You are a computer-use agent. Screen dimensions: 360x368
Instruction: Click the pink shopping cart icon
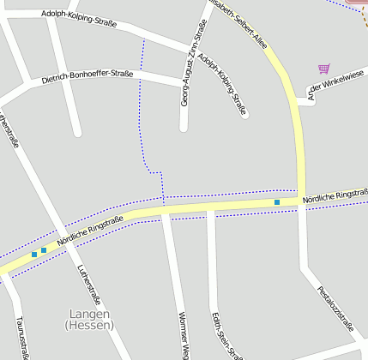point(323,69)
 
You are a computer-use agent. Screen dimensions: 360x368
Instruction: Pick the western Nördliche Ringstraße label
point(90,231)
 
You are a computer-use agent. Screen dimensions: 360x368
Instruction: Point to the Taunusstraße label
point(21,336)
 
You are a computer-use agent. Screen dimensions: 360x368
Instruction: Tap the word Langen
point(87,315)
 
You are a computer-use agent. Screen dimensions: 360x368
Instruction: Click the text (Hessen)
point(87,326)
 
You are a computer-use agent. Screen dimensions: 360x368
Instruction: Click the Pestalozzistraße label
point(335,309)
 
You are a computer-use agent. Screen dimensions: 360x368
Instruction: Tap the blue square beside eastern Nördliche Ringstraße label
point(277,202)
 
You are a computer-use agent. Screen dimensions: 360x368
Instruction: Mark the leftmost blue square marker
point(34,254)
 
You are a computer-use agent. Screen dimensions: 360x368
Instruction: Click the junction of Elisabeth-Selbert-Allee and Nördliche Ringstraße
point(301,201)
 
